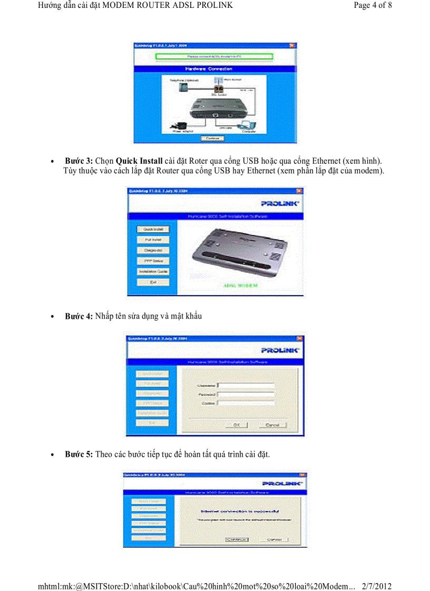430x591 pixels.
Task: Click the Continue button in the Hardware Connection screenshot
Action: click(x=212, y=138)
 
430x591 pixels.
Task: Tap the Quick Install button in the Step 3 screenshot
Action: click(x=153, y=229)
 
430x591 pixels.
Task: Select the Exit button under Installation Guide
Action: click(x=153, y=282)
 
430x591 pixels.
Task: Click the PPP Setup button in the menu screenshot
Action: click(x=153, y=261)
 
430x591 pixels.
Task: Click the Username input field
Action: click(x=246, y=385)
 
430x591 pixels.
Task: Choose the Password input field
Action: click(x=246, y=394)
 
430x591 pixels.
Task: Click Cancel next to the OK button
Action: click(x=272, y=425)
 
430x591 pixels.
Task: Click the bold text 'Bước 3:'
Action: click(x=79, y=160)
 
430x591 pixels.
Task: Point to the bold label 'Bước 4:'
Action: click(x=79, y=316)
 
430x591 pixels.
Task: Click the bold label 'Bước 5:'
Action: click(x=79, y=454)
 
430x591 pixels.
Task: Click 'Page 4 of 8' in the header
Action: click(x=373, y=5)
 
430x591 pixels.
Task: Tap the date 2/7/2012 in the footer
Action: click(x=377, y=586)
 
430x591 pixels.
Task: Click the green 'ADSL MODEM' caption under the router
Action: click(x=240, y=285)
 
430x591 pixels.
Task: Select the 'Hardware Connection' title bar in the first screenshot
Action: click(x=212, y=69)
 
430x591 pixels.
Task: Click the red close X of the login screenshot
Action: click(x=299, y=338)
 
